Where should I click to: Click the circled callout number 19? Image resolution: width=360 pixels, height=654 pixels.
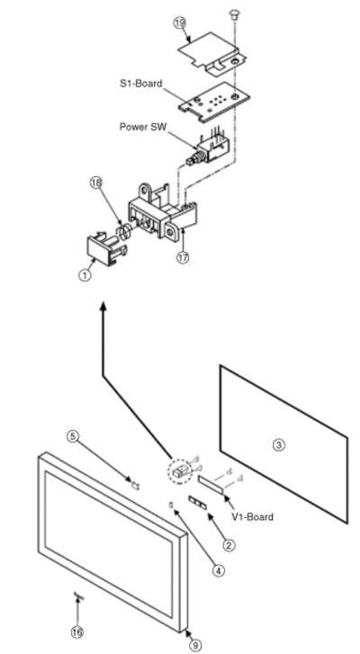click(179, 22)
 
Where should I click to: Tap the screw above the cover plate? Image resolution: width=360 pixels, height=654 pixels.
click(234, 15)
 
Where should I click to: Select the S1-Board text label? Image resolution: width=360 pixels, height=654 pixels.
click(141, 84)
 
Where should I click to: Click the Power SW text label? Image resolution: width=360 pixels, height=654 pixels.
click(143, 127)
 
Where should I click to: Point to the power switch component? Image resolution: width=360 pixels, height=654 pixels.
click(207, 148)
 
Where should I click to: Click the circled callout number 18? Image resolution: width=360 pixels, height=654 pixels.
click(96, 183)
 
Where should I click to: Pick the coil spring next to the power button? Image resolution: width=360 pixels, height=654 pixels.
click(125, 231)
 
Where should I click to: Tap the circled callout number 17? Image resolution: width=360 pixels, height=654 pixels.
click(183, 257)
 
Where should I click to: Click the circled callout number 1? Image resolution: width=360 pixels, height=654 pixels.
click(85, 275)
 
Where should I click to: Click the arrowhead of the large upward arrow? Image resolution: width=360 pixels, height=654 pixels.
click(103, 307)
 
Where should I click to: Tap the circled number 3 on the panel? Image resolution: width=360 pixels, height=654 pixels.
click(279, 445)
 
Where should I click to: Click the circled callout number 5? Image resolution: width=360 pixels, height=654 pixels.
click(73, 436)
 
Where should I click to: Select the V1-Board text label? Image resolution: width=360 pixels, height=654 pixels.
click(252, 516)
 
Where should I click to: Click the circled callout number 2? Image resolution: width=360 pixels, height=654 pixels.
click(229, 545)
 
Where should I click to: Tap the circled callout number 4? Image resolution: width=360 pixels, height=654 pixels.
click(219, 569)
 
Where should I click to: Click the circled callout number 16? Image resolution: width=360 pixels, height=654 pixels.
click(76, 632)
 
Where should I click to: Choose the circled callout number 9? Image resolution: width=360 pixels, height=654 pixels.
click(195, 645)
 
